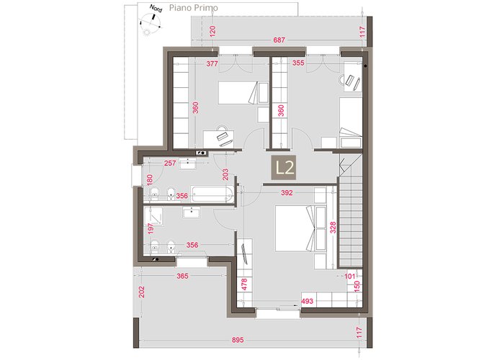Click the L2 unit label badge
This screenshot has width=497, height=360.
pos(284,168)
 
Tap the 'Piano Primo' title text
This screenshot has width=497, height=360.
pos(193,8)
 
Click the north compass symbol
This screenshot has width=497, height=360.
pos(151,22)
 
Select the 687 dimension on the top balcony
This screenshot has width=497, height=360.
pos(279,40)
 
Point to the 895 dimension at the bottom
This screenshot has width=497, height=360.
pos(238,340)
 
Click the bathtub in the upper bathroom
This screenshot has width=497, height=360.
pos(212,194)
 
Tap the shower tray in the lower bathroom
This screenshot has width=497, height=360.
pos(153,216)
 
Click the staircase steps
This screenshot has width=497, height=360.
pos(351,222)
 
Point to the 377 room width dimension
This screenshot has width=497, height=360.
pos(212,63)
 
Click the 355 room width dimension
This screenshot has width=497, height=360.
pos(298,63)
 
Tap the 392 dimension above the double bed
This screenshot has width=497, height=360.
pos(287,193)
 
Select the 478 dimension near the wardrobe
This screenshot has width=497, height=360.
pos(244,284)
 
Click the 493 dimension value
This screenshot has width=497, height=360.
pos(307,301)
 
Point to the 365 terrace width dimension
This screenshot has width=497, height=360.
pos(182,276)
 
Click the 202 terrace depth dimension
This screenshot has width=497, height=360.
pos(142,292)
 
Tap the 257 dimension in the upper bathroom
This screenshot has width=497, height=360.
pos(170,163)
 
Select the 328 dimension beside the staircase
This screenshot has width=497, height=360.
pos(333,228)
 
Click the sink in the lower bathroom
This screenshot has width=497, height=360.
pos(191,212)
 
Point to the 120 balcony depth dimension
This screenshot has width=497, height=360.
pos(212,31)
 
